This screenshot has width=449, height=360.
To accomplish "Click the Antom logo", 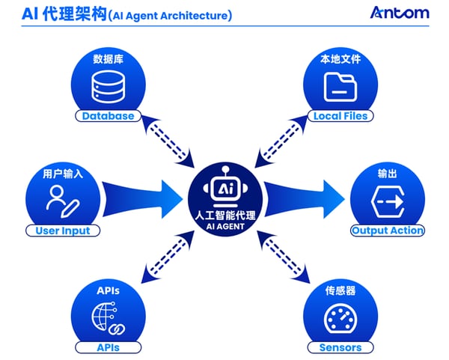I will click(400, 13).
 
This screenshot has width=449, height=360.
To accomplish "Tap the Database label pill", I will click(108, 116).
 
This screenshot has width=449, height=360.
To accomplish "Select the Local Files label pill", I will click(340, 116).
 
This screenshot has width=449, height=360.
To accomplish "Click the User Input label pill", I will click(63, 231).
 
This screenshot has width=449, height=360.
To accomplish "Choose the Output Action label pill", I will click(388, 231).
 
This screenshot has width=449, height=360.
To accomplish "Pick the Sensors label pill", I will click(340, 347).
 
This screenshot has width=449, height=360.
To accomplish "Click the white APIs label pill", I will click(108, 347).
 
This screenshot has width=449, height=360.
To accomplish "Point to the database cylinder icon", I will click(108, 88).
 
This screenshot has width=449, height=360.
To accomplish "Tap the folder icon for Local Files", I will click(340, 88).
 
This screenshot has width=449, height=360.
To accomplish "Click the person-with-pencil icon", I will click(63, 201).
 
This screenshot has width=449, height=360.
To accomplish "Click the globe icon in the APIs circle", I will click(105, 317).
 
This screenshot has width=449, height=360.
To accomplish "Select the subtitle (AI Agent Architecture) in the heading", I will click(169, 15).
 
